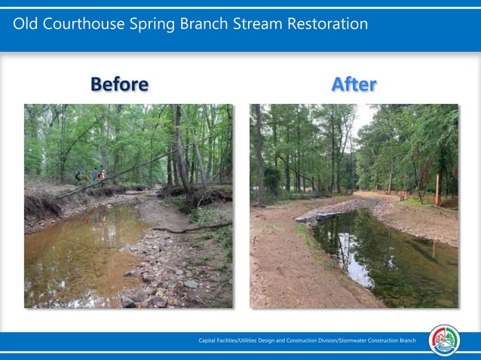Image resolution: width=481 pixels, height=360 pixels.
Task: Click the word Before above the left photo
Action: click(119, 84)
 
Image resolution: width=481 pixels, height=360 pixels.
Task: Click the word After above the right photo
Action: click(354, 84)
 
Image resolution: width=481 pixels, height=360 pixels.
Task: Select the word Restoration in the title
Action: click(325, 24)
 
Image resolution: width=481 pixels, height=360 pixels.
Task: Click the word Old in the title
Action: click(26, 24)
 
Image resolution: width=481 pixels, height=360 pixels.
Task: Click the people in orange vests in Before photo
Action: click(96, 176)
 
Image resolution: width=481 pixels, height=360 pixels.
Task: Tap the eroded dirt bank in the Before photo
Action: click(41, 207)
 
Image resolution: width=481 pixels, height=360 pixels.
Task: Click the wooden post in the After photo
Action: click(437, 189)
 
